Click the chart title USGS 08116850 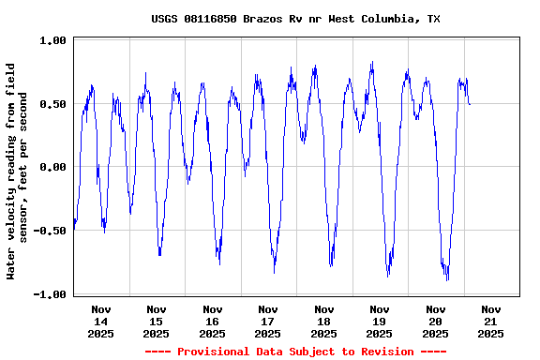coord(295,19)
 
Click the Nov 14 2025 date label coord(101,321)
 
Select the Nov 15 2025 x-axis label coord(157,321)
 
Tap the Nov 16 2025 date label coord(213,321)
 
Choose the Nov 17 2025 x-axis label coord(268,321)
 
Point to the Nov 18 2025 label coord(324,321)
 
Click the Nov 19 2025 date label coord(380,321)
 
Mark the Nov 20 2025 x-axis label coord(436,321)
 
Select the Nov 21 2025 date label coord(491,321)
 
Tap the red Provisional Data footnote coord(295,352)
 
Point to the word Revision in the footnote coord(386,352)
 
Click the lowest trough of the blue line coord(448,279)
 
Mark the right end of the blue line coord(470,104)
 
